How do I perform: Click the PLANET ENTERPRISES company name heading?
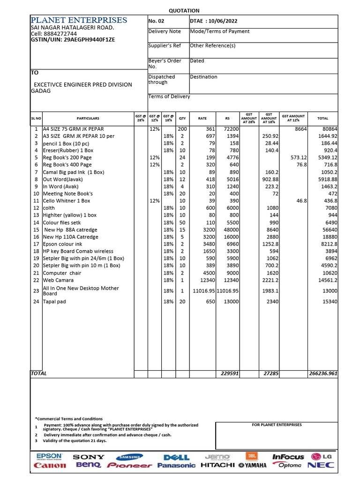78,20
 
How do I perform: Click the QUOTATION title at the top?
184,10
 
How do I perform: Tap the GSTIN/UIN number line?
73,40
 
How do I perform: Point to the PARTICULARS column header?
88,119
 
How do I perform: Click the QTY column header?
182,119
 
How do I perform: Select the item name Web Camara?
59,280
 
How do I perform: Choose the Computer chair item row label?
62,273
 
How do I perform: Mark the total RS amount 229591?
230,374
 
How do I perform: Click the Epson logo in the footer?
49,457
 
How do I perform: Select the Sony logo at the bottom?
89,457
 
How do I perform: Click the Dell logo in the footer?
176,457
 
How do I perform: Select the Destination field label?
203,77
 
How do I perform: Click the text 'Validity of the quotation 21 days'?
75,441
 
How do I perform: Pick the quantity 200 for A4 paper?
182,129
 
